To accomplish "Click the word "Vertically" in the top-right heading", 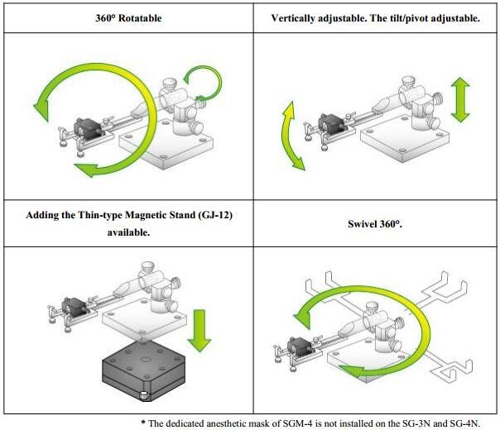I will point(297,17).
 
